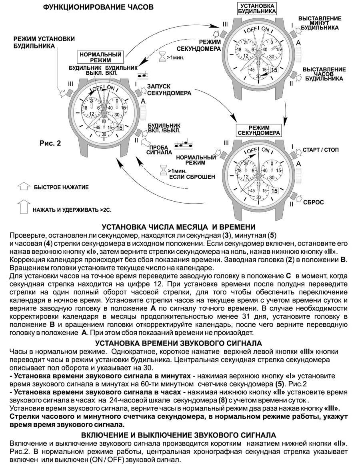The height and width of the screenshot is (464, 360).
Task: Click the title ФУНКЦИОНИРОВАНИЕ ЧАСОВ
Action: click(98, 7)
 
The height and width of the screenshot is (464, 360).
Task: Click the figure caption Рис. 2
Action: click(50, 143)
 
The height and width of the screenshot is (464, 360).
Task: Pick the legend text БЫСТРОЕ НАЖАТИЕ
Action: click(61, 187)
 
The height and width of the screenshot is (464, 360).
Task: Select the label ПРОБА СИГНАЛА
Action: click(159, 149)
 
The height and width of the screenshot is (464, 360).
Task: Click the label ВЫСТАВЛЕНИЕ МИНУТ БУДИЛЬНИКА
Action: click(320, 23)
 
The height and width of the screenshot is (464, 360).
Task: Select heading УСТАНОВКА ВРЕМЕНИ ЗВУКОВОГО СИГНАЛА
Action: click(179, 343)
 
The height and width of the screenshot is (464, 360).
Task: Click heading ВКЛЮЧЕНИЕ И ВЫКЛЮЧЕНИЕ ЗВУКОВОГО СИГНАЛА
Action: click(179, 435)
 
